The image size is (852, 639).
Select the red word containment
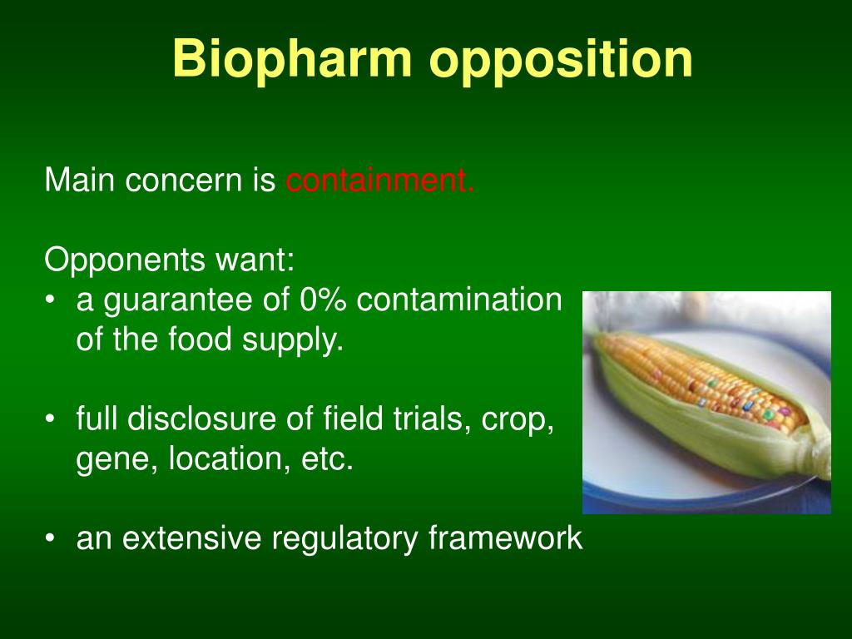click(x=379, y=180)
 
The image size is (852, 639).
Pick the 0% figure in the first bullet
click(x=323, y=300)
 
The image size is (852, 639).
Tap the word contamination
click(x=459, y=300)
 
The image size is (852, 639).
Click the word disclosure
click(x=220, y=419)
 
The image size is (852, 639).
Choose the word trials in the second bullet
click(x=427, y=419)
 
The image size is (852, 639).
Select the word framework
click(x=505, y=538)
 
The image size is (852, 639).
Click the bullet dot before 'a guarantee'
click(x=50, y=300)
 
